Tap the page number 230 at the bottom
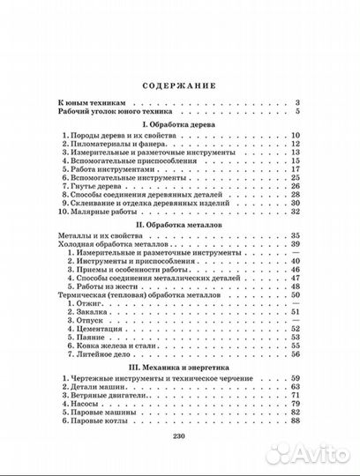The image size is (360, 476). [x=179, y=446]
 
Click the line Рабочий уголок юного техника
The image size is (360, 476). [x=121, y=114]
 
